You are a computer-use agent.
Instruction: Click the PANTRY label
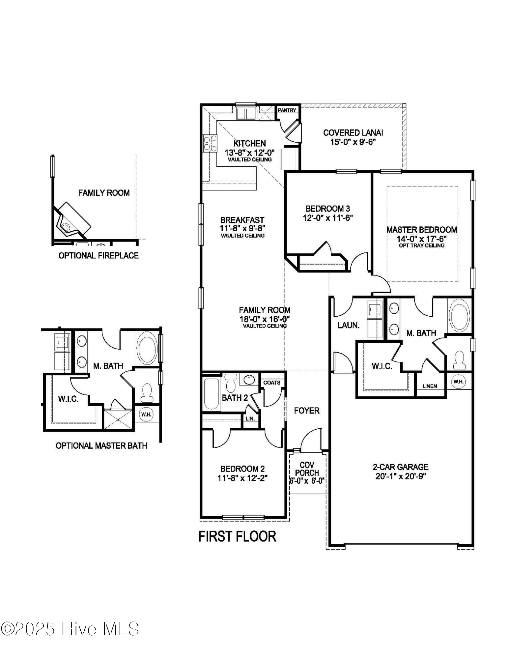(x=287, y=110)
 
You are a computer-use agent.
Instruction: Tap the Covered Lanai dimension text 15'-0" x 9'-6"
(x=353, y=142)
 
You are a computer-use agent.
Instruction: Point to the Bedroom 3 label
(x=327, y=209)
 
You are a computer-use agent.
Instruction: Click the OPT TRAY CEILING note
(x=421, y=245)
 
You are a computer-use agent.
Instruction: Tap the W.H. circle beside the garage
(x=458, y=382)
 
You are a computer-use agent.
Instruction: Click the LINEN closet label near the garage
(x=430, y=386)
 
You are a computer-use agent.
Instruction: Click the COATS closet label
(x=272, y=383)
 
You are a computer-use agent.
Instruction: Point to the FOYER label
(x=306, y=411)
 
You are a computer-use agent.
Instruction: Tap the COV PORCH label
(x=307, y=469)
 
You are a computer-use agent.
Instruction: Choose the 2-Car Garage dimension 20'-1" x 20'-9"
(x=401, y=476)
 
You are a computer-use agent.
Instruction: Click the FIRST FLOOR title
(x=237, y=536)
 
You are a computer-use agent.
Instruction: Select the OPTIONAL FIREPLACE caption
(x=99, y=255)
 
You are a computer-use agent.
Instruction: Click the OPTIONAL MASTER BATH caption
(x=101, y=446)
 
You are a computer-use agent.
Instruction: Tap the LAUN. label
(x=349, y=325)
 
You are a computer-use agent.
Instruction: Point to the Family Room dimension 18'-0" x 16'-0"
(x=265, y=319)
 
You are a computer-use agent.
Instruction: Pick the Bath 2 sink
(x=249, y=380)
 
